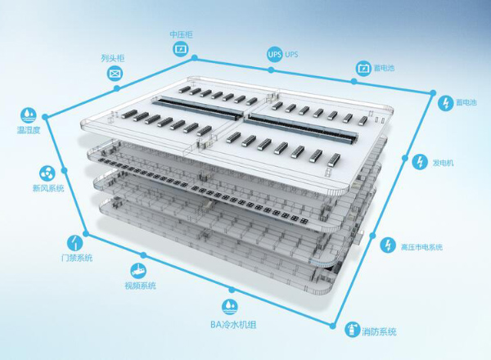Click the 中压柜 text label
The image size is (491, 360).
click(x=182, y=34)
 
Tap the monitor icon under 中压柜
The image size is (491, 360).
click(x=181, y=49)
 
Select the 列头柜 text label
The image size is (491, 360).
click(x=113, y=58)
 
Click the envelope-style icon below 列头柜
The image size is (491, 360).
click(x=115, y=74)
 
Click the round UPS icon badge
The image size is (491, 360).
click(x=275, y=55)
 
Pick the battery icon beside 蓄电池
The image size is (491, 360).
click(x=363, y=68)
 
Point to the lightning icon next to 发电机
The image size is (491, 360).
click(x=419, y=162)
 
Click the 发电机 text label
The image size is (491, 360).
click(x=443, y=163)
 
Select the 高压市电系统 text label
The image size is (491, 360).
click(x=421, y=247)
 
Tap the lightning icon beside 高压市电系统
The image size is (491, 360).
click(x=388, y=245)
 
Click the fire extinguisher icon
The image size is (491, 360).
click(x=353, y=329)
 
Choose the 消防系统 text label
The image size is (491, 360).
click(x=379, y=331)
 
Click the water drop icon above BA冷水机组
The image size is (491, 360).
click(x=230, y=307)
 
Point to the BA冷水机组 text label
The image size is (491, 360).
click(x=233, y=325)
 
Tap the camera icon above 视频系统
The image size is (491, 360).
click(x=138, y=270)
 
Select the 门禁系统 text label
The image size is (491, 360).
click(x=77, y=258)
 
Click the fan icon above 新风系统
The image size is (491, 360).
click(x=47, y=173)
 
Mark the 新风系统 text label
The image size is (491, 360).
click(x=48, y=188)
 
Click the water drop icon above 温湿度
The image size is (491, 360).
click(x=29, y=115)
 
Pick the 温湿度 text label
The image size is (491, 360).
click(x=29, y=130)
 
